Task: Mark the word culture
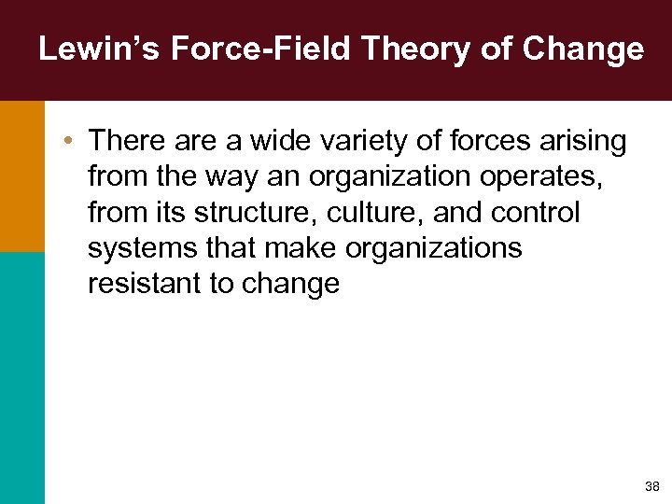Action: pos(344,213)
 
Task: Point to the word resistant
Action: pos(143,285)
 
